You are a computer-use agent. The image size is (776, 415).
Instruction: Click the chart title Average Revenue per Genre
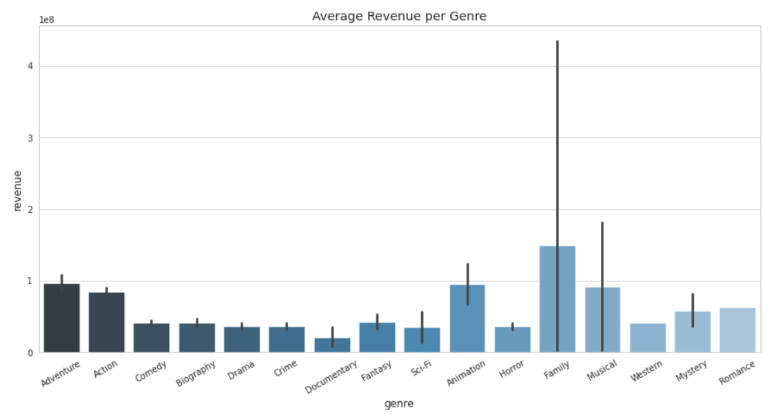pos(399,16)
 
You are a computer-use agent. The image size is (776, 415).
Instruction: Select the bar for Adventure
pos(61,320)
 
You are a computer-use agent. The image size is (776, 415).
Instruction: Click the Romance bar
pos(737,330)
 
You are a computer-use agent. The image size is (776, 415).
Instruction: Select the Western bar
pos(647,338)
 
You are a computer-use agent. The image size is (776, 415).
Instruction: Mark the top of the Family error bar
pos(557,42)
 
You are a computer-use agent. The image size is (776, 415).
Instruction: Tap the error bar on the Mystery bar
pos(693,310)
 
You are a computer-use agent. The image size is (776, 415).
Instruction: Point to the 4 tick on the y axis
pos(30,66)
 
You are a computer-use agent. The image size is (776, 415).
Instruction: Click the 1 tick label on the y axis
pos(30,281)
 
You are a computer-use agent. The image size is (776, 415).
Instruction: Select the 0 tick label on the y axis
pos(30,352)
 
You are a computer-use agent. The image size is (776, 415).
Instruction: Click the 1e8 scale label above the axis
pos(47,20)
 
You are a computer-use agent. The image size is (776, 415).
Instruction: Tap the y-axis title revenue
pos(18,191)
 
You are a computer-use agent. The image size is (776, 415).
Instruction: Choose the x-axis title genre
pos(399,404)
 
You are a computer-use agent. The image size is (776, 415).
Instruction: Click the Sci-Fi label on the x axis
pos(421,368)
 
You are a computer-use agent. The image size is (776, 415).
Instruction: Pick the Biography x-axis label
pos(196,373)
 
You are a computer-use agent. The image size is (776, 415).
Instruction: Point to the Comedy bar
pos(152,338)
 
